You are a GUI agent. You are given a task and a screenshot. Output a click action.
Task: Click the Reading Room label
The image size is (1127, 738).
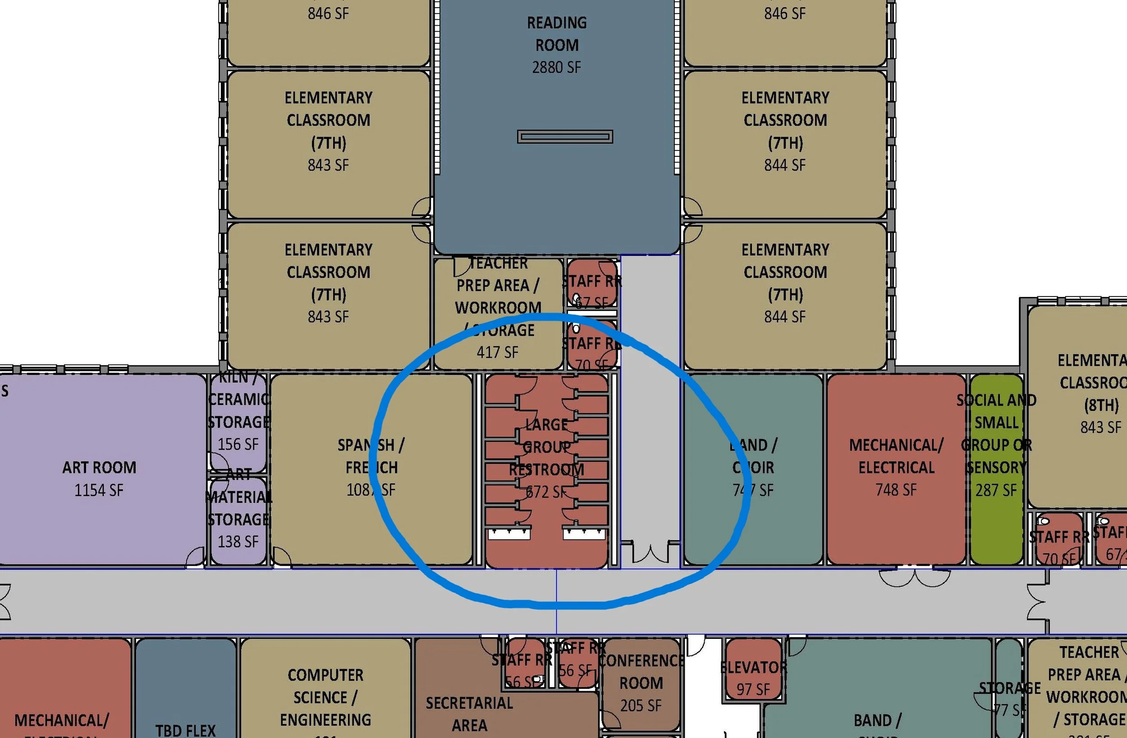coord(557,34)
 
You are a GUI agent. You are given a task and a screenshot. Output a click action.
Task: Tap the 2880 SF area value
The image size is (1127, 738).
coord(556,67)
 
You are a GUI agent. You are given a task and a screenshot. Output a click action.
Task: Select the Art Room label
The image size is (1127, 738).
coord(100,468)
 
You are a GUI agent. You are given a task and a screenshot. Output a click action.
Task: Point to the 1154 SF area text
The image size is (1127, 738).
coord(99,490)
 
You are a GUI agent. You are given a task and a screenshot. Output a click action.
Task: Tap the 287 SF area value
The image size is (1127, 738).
coord(996,490)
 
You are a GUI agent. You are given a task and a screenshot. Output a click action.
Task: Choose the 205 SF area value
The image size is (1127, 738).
coord(641,706)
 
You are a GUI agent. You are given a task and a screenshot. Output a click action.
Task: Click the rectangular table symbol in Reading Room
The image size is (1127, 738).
coord(565,137)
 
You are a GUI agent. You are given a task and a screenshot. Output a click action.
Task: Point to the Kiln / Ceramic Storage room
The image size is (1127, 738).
coord(238,421)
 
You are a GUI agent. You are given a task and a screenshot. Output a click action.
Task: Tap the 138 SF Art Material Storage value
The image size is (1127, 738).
coord(238,541)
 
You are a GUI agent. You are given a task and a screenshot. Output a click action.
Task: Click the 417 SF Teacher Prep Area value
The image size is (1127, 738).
coord(497,352)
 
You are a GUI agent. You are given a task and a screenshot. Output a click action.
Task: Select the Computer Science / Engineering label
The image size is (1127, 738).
coord(325,697)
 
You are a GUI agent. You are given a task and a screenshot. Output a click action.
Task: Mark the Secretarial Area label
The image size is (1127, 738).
coord(469,714)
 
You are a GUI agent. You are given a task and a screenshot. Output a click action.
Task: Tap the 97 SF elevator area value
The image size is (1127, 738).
coord(753,689)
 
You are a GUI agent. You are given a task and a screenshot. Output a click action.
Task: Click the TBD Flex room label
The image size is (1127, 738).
coord(185,730)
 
